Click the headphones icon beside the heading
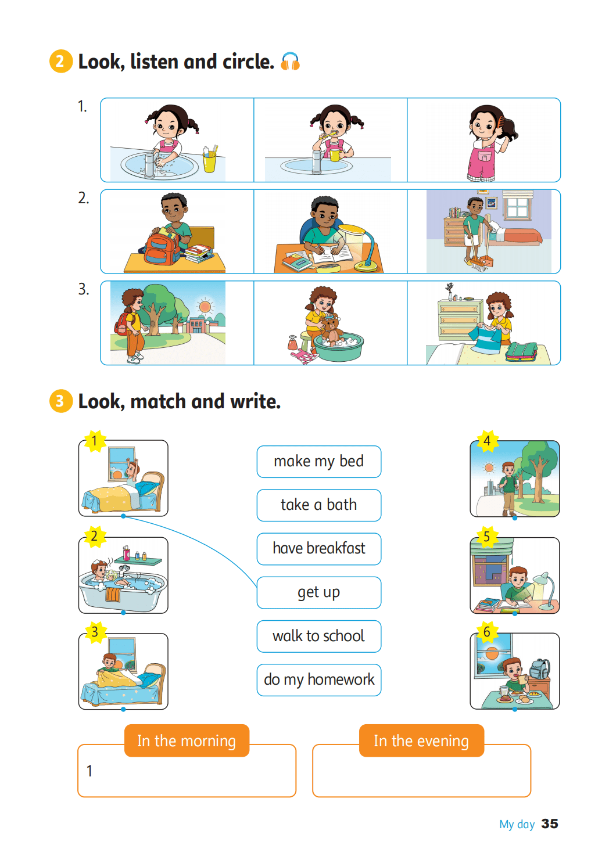290,62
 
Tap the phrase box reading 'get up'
319,592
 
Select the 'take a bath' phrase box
319,505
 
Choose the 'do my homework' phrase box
319,680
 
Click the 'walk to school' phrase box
319,636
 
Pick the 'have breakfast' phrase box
319,549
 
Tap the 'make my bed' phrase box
319,461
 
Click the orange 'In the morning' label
187,740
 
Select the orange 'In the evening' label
421,740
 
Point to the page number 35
550,823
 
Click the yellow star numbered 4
487,441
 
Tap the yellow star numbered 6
487,632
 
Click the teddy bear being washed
331,328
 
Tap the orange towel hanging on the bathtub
113,594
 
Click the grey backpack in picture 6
539,668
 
